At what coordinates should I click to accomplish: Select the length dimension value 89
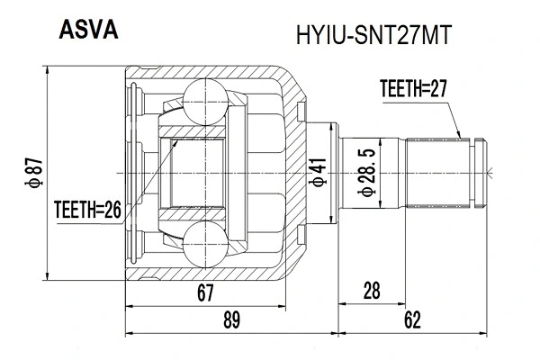(231, 318)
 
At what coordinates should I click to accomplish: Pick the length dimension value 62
(413, 318)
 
